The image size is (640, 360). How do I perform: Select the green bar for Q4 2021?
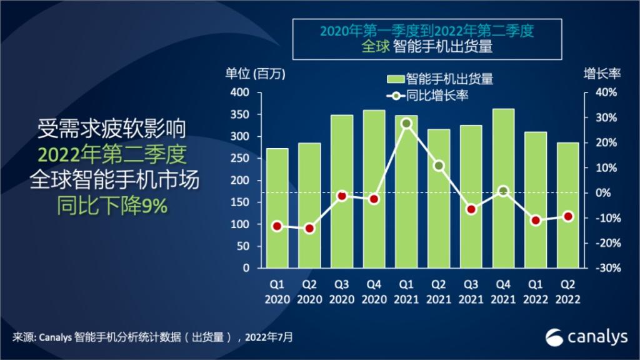(x=503, y=188)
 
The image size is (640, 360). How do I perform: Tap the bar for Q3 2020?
(x=341, y=191)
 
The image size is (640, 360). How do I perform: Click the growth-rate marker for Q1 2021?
(x=406, y=123)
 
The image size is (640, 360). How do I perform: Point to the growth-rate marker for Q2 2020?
(x=309, y=229)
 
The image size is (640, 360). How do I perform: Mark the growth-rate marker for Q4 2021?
(x=503, y=191)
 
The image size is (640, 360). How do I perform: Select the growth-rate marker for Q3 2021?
(x=471, y=209)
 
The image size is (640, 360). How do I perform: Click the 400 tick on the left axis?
(x=241, y=92)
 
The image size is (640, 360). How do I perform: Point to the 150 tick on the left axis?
(x=241, y=202)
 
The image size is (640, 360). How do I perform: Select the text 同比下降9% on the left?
(x=112, y=206)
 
